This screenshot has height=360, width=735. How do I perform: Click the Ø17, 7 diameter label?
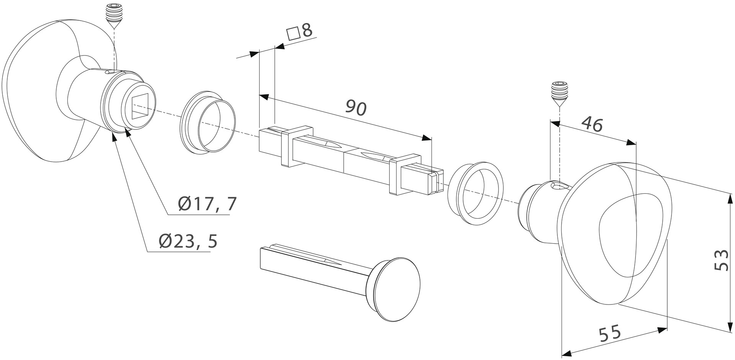coord(207,204)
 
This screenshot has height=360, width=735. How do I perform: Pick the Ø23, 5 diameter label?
coord(188,241)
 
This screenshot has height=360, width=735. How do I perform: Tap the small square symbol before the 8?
coord(294,34)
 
